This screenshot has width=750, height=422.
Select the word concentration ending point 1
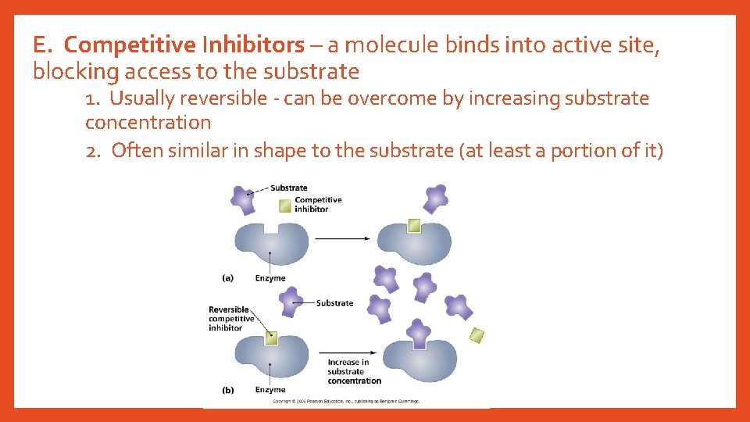pyautogui.click(x=148, y=123)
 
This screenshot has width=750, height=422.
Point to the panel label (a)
pyautogui.click(x=227, y=278)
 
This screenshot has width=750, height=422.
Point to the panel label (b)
pyautogui.click(x=227, y=389)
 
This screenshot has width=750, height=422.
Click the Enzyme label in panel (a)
pyautogui.click(x=270, y=278)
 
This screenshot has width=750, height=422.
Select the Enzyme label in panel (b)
pyautogui.click(x=270, y=389)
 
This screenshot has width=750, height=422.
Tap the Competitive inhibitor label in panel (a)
pyautogui.click(x=318, y=204)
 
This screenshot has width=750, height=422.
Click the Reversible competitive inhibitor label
pyautogui.click(x=231, y=319)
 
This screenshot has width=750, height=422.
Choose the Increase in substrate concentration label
pyautogui.click(x=354, y=371)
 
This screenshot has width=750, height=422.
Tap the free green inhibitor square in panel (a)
pyautogui.click(x=285, y=206)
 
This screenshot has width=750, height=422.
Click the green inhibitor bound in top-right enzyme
pyautogui.click(x=414, y=225)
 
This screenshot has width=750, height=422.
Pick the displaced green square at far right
pyautogui.click(x=477, y=335)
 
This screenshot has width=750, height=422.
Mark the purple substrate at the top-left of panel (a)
pyautogui.click(x=243, y=198)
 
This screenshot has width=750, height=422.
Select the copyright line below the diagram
pyautogui.click(x=345, y=402)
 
